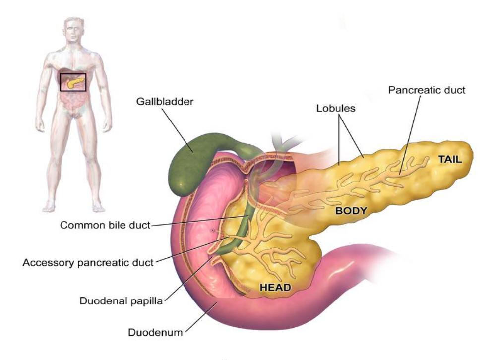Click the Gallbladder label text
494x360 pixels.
click(x=165, y=102)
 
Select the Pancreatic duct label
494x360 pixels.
click(x=427, y=90)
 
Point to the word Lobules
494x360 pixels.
click(x=336, y=108)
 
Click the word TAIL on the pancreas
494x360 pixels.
click(x=450, y=159)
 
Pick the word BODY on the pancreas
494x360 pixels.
click(x=351, y=211)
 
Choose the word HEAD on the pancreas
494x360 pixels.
click(x=275, y=287)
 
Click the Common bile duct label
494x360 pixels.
click(x=105, y=225)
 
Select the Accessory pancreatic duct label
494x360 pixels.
click(x=88, y=263)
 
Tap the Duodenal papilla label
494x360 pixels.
click(x=121, y=301)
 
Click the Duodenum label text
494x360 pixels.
click(x=155, y=332)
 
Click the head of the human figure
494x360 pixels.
click(x=74, y=30)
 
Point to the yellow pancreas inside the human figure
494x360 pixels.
click(x=75, y=82)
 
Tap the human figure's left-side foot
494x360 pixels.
click(x=49, y=206)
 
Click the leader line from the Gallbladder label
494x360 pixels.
click(x=177, y=130)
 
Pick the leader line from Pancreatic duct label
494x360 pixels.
click(x=410, y=135)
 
